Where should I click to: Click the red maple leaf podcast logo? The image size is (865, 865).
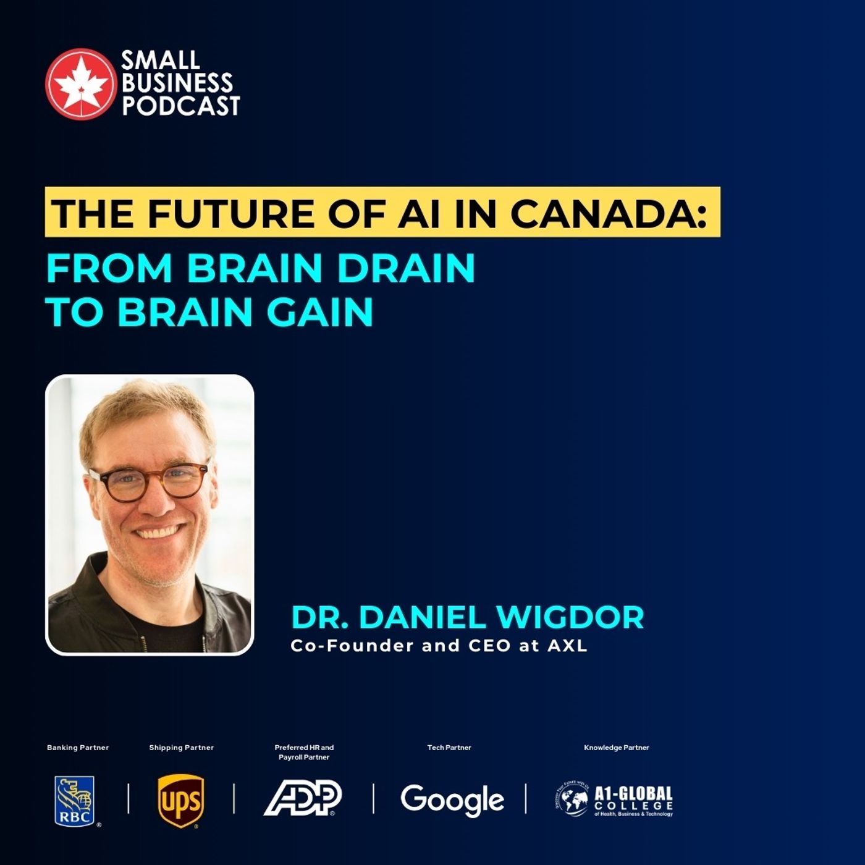(x=80, y=83)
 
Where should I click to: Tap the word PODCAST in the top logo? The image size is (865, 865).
(x=180, y=106)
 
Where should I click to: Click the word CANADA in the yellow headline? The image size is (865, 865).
(x=608, y=213)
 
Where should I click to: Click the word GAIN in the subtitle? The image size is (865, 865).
(x=320, y=312)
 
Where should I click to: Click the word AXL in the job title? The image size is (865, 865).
(x=567, y=646)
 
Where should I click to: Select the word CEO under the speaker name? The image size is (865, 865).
(x=489, y=646)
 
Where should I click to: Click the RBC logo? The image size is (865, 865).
(x=75, y=801)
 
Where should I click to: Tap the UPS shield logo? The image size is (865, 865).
(x=180, y=801)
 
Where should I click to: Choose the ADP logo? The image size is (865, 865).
(x=303, y=798)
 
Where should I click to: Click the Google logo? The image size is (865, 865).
(x=452, y=800)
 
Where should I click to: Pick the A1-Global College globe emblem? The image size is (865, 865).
(x=572, y=800)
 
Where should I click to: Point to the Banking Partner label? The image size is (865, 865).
(x=78, y=748)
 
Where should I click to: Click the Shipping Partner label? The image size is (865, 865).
(x=181, y=748)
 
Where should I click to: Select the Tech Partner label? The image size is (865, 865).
(x=449, y=748)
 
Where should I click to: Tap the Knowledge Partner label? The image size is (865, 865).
(x=616, y=748)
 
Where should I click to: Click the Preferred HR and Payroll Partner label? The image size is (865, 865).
(x=304, y=752)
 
